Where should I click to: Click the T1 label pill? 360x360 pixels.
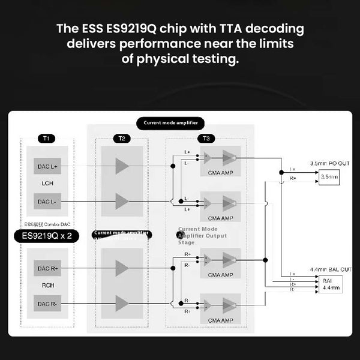point(46,139)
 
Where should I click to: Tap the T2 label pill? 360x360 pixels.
point(121,139)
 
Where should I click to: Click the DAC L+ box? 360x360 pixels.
point(47,166)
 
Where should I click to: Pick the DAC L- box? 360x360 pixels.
point(47,202)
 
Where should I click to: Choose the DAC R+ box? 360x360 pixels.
point(47,269)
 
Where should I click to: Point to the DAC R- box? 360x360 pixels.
point(47,304)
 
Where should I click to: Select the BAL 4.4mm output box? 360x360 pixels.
point(331,284)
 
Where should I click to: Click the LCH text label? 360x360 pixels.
point(47,182)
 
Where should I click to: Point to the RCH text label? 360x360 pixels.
point(47,286)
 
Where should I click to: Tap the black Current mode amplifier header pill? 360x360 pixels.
point(170,123)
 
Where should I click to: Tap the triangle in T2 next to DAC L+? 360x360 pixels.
point(122,166)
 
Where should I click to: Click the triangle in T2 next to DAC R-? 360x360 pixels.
point(122,304)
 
